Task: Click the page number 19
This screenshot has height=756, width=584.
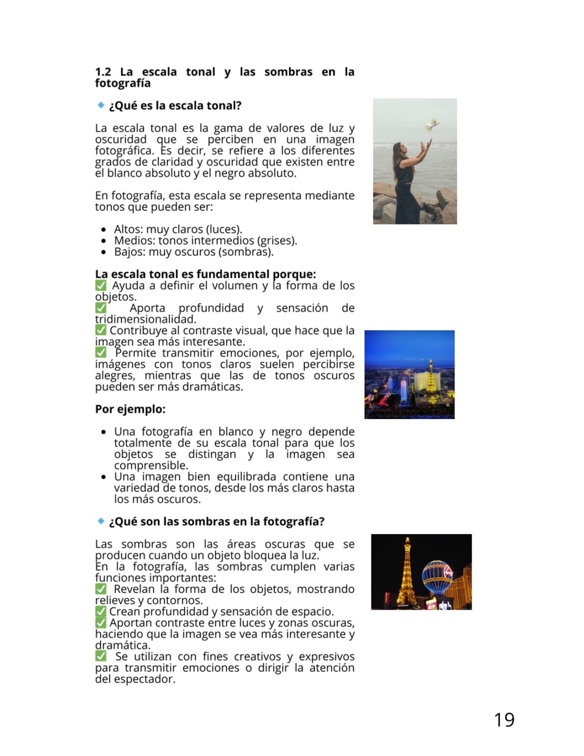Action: pyautogui.click(x=504, y=719)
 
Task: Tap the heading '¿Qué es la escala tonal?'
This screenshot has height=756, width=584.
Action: pyautogui.click(x=175, y=106)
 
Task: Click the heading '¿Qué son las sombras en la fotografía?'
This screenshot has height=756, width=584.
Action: pyautogui.click(x=217, y=521)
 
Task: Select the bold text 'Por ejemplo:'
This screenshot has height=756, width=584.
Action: pyautogui.click(x=130, y=409)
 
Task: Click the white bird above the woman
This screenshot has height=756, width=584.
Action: pyautogui.click(x=432, y=125)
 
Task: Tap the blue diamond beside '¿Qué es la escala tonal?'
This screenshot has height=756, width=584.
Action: pyautogui.click(x=101, y=105)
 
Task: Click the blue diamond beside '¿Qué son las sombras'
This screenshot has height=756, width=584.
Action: pyautogui.click(x=101, y=521)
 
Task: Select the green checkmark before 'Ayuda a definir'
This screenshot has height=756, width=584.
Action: pyautogui.click(x=101, y=285)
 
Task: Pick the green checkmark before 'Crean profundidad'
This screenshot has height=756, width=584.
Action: pyautogui.click(x=101, y=612)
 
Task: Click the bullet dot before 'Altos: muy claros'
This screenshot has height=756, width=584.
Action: pyautogui.click(x=103, y=229)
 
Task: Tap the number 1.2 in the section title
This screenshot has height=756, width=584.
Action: pyautogui.click(x=103, y=72)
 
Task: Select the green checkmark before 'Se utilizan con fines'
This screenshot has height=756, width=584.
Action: pyautogui.click(x=101, y=656)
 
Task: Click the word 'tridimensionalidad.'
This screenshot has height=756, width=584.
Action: pyautogui.click(x=145, y=319)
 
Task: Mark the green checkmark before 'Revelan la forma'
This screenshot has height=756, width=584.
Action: pyautogui.click(x=101, y=589)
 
